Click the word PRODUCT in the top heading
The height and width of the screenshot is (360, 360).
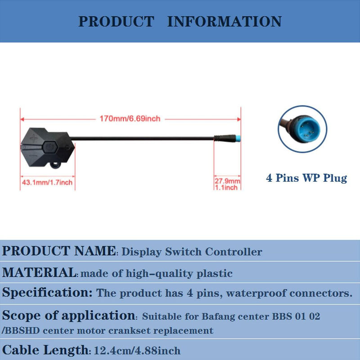(x=116, y=21)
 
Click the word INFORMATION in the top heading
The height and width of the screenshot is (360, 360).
(x=225, y=21)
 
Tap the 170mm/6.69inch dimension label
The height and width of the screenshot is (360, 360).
(x=130, y=119)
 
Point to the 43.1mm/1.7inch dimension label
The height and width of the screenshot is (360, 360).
(x=47, y=182)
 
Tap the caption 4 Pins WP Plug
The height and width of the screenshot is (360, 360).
(x=306, y=178)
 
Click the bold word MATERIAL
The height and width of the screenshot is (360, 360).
(x=39, y=272)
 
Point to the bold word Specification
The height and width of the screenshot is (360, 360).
(x=47, y=293)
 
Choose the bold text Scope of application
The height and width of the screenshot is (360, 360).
(x=68, y=315)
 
